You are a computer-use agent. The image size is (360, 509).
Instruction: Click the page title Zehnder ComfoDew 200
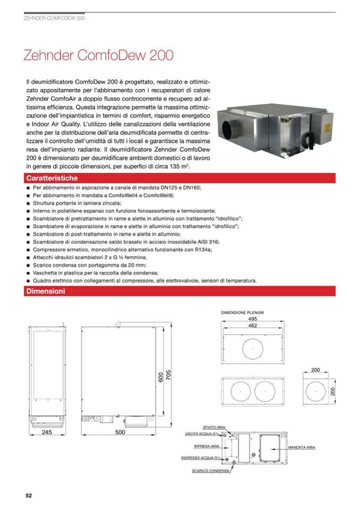[x=98, y=56]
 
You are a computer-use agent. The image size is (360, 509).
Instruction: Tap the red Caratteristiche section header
[x=52, y=178]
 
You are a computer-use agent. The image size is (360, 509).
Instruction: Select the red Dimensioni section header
[x=46, y=291]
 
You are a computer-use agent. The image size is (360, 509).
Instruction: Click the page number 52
[x=29, y=495]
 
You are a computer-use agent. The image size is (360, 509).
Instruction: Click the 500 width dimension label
[x=120, y=433]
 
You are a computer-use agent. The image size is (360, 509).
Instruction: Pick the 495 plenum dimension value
[x=253, y=319]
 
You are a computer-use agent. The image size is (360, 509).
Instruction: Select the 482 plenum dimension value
[x=253, y=325]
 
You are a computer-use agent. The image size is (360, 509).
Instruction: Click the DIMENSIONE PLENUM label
[x=242, y=313]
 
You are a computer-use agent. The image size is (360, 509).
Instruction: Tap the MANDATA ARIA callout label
[x=302, y=448]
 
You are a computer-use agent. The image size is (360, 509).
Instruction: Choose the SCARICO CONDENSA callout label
[x=211, y=470]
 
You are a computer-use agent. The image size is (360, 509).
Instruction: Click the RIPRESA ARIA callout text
[x=207, y=446]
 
